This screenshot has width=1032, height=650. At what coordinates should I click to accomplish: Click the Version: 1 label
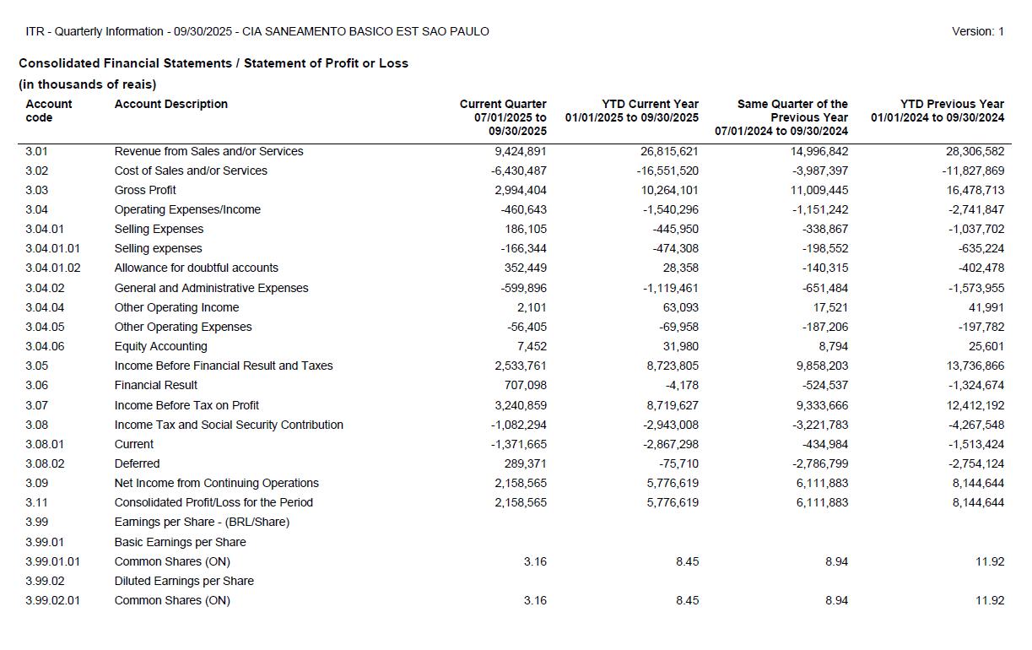coord(977,31)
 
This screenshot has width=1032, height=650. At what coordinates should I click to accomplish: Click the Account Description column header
coord(171,104)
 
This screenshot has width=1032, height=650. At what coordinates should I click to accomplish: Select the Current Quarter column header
coord(504,117)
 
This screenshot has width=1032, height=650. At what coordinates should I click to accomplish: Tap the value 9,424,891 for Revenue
coord(520,151)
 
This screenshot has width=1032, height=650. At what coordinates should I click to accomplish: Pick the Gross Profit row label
coord(145,190)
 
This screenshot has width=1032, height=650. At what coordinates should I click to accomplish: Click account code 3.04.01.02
coord(53,268)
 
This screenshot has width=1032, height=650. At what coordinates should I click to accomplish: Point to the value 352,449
coord(525,268)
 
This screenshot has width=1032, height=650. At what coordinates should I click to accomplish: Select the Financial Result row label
coord(156,385)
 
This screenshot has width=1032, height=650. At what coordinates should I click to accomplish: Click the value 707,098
coord(525,385)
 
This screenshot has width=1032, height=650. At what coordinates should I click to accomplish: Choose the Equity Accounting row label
coord(160,346)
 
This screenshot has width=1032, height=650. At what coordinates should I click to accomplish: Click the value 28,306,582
coord(975,151)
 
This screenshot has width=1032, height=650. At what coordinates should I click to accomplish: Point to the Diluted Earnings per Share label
coord(184,581)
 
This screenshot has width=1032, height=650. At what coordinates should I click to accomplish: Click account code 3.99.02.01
coord(53,600)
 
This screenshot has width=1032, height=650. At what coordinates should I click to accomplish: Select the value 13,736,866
coord(975,366)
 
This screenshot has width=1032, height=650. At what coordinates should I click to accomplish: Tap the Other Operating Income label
coord(176,307)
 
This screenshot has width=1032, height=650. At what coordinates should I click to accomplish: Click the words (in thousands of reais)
coord(87,84)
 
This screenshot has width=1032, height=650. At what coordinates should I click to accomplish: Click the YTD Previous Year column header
coord(937,111)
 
